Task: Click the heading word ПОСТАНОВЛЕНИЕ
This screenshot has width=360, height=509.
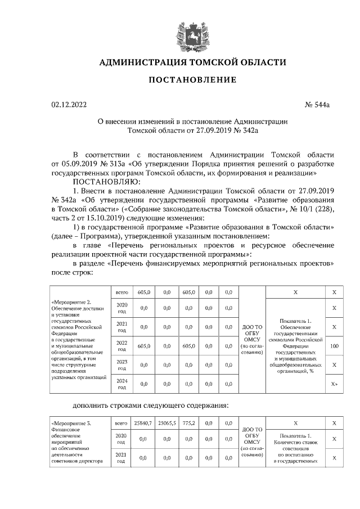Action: click(x=192, y=80)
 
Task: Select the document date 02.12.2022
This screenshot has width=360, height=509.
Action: click(x=69, y=105)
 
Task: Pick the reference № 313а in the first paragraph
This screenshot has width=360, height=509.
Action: click(x=109, y=163)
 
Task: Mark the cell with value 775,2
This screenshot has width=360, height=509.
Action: click(x=188, y=422)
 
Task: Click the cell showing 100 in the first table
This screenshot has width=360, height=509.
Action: click(x=334, y=346)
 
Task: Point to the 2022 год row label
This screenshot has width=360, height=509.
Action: click(x=121, y=346)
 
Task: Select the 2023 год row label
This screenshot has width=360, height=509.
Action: click(x=121, y=365)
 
